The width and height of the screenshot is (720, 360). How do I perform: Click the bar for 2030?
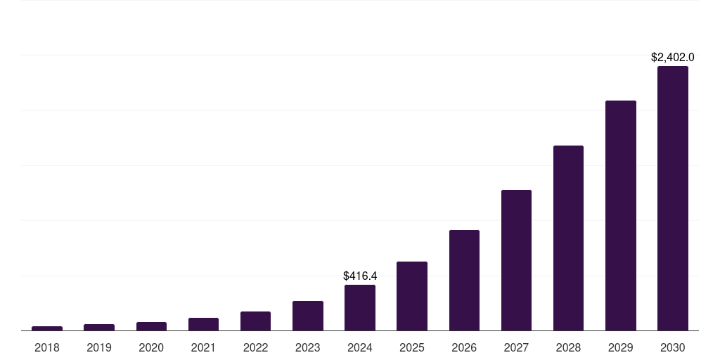pos(672,198)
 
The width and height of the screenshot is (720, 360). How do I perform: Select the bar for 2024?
pos(359,307)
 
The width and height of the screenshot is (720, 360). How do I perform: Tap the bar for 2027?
pos(516,260)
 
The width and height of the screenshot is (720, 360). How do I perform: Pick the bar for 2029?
pos(620,215)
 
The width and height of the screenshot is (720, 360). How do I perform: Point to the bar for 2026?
pos(464,280)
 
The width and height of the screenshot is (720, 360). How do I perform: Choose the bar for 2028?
pos(568,238)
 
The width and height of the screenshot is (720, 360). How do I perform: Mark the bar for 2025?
pos(411,296)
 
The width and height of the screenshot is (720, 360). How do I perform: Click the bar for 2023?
pos(307,316)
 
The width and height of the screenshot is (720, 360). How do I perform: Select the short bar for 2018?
pos(47,328)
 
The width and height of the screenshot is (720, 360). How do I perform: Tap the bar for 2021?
pos(203,324)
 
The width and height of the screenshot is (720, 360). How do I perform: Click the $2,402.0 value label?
pos(672,57)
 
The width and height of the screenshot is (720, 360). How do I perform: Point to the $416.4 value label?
pos(359,276)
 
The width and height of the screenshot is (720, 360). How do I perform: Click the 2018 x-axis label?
pos(47,347)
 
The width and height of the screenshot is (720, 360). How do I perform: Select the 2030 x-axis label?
pos(672,347)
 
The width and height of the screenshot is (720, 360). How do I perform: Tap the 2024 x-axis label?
pos(359,347)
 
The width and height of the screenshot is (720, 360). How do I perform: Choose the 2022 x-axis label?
pos(255,347)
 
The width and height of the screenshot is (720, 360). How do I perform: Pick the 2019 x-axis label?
pos(99,347)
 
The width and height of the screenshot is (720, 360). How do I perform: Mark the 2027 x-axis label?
pos(516,347)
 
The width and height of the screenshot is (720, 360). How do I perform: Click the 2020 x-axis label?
pos(151,347)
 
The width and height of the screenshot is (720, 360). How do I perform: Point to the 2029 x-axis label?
pos(620,347)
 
